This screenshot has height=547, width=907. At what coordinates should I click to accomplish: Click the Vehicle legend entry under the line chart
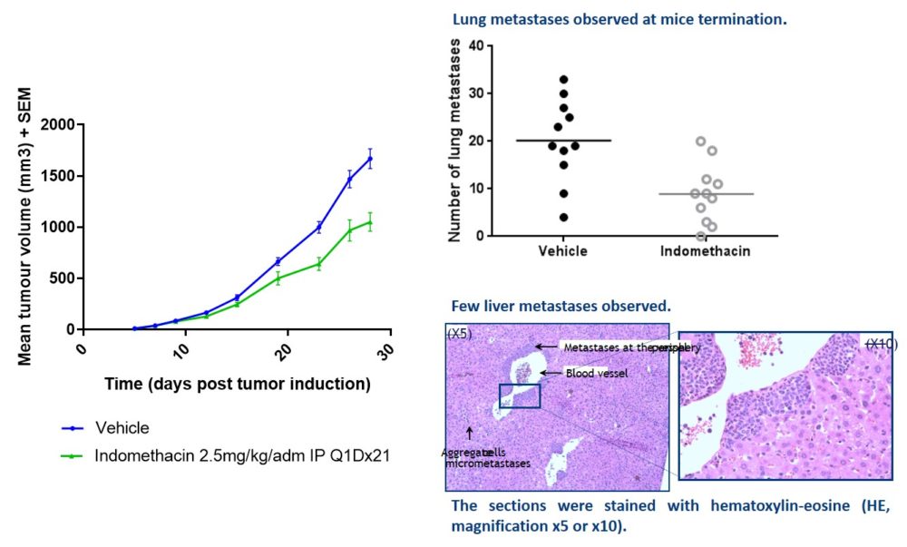coord(122,428)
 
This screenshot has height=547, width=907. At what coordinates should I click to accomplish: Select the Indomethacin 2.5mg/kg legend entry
coord(241,455)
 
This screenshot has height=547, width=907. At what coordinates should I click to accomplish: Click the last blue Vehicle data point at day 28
coord(370,159)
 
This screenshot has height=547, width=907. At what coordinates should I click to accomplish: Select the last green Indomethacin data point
coord(370,222)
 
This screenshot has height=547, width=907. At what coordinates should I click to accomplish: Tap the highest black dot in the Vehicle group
coord(563,80)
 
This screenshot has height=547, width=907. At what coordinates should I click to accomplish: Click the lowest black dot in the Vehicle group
coord(563,217)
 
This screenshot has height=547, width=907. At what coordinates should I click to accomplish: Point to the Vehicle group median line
coord(563,141)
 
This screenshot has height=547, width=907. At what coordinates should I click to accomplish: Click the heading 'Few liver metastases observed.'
coord(561,307)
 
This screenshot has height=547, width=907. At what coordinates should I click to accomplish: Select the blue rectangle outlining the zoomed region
coord(520,396)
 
